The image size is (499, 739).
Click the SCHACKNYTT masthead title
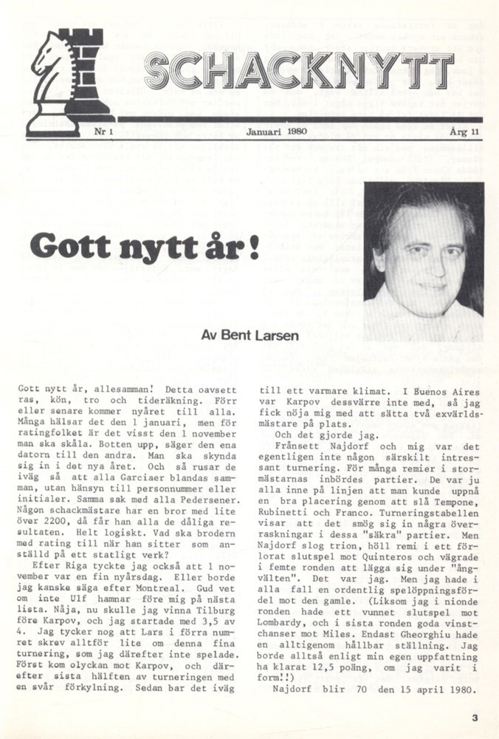point(298,72)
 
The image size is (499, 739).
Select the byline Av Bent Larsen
point(250,334)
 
